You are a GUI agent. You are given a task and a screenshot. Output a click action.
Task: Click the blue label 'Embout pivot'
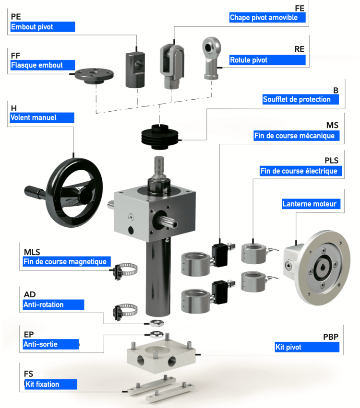coord(42,27)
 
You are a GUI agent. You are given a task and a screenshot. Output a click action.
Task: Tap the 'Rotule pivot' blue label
coord(267,60)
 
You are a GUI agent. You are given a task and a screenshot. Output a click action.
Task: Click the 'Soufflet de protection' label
coord(300,99)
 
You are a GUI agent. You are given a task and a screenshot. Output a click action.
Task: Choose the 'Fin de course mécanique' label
coord(297,136)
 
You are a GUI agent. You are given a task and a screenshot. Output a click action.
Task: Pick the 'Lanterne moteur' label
coord(311,204)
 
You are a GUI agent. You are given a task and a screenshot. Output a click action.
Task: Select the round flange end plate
coord(95,74)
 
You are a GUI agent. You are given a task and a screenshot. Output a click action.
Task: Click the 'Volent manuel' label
coord(41,117)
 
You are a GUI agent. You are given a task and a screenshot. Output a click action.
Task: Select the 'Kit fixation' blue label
coord(50,384)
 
